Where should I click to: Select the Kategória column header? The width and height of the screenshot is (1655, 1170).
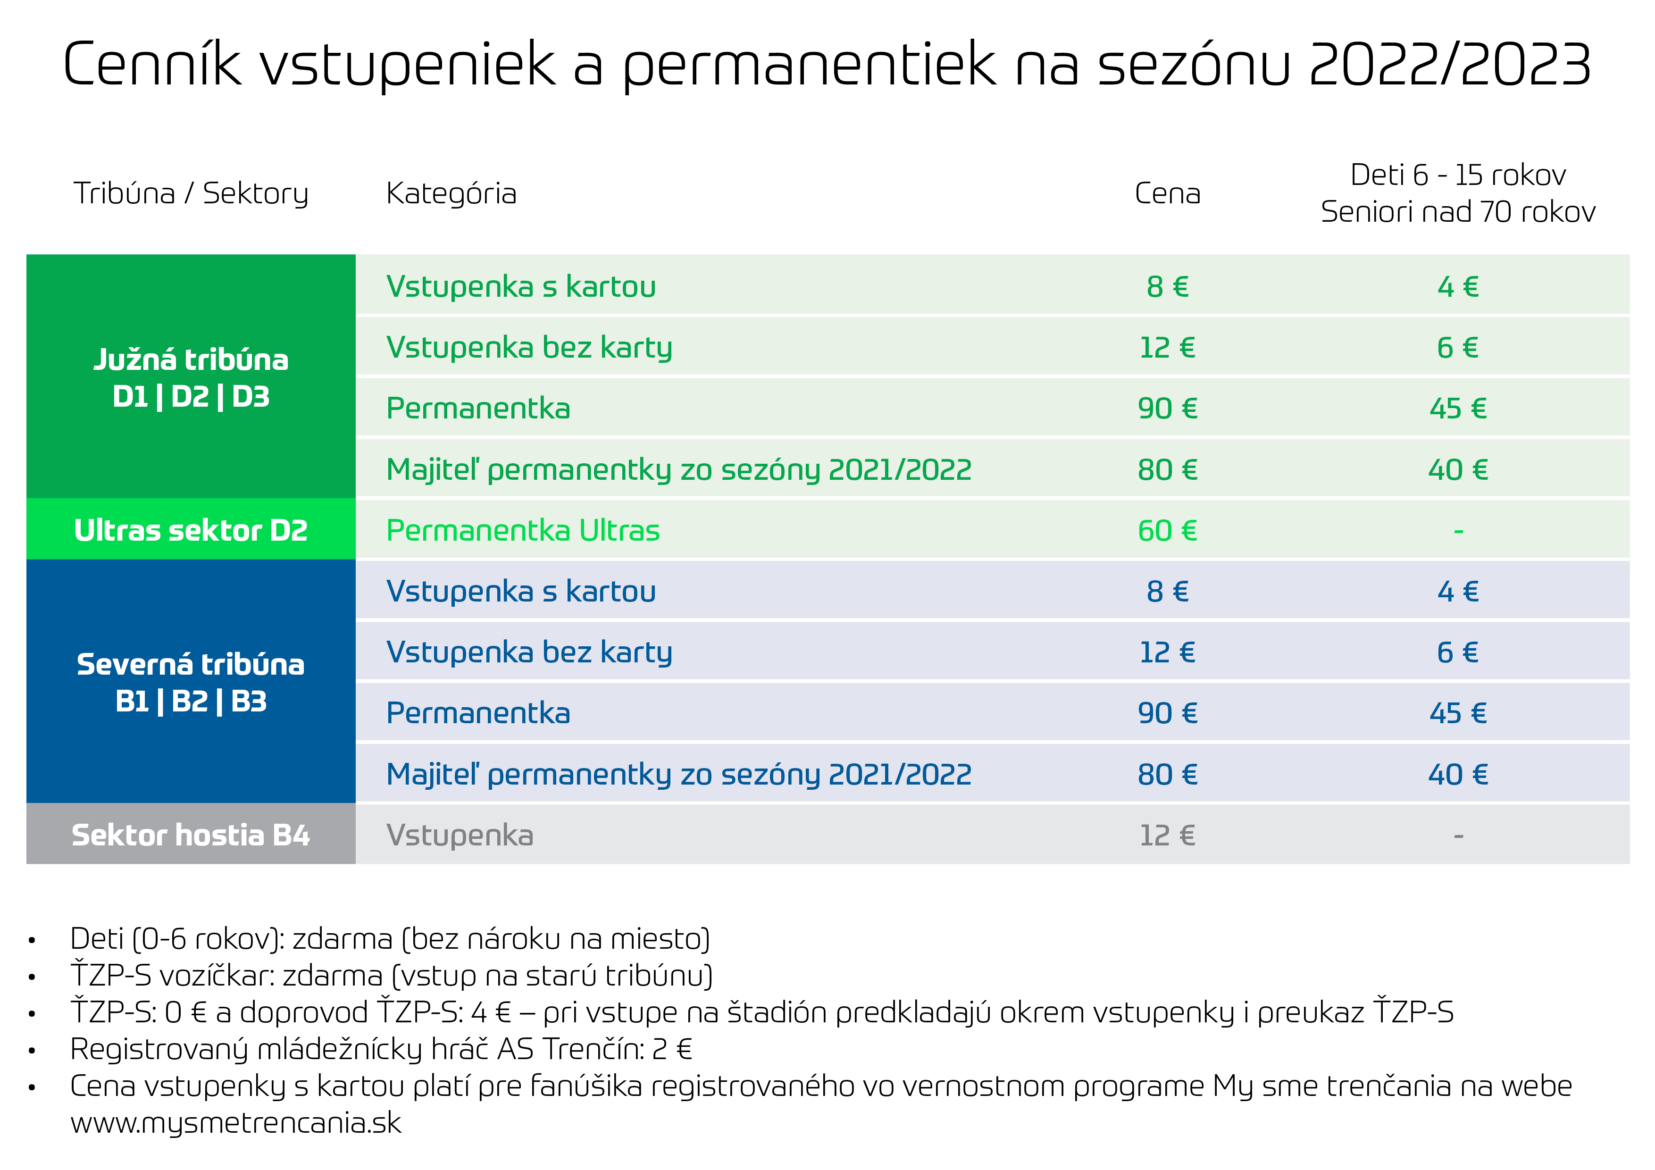coord(451,193)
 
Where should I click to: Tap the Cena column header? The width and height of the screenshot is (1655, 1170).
coord(1167,193)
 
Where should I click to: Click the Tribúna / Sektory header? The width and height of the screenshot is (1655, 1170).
coord(191,193)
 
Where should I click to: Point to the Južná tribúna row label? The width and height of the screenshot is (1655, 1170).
coord(191,359)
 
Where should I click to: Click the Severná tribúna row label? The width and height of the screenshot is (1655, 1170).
coord(191,664)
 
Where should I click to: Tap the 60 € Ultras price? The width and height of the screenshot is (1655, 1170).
coord(1167,531)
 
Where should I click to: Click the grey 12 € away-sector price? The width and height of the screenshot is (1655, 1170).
coord(1167,836)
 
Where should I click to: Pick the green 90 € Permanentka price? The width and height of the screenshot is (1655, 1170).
coord(1167,409)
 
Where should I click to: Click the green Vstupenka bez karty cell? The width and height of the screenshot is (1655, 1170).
coord(529,348)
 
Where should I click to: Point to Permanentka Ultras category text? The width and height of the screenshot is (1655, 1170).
coord(523,531)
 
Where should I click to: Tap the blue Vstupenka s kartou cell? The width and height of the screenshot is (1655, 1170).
coord(520,591)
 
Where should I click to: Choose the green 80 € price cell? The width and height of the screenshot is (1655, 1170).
coord(1167,470)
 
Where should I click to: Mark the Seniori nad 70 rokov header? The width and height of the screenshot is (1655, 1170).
coord(1457,212)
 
